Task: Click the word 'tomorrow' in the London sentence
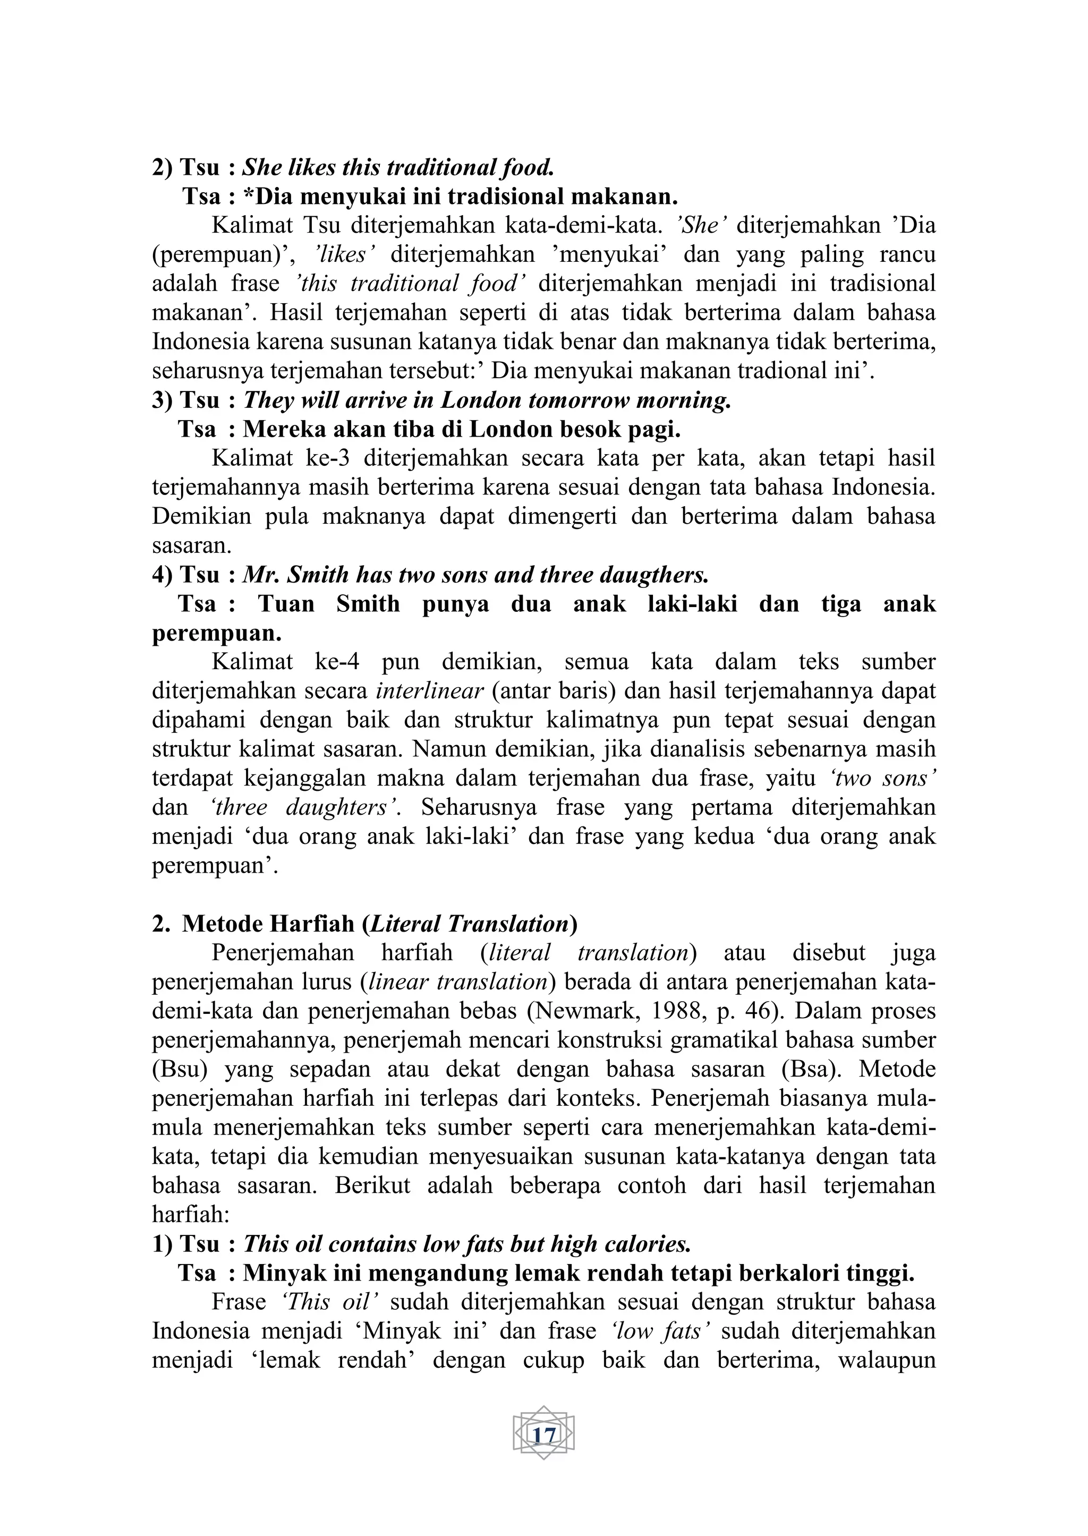577,400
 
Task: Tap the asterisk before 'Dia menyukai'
249,197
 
